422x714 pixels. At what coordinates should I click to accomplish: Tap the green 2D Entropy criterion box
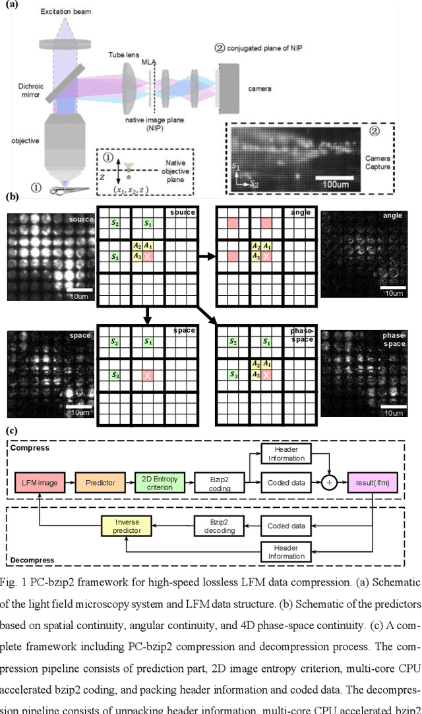(x=157, y=483)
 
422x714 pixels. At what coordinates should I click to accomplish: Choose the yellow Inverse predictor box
(x=131, y=525)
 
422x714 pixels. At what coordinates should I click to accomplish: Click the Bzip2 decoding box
(x=219, y=525)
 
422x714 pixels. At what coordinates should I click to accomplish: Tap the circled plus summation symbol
(x=329, y=483)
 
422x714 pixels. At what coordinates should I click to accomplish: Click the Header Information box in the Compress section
(x=287, y=454)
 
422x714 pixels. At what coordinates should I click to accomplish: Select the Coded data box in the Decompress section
(x=287, y=525)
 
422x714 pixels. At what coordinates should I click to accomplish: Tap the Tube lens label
(x=125, y=55)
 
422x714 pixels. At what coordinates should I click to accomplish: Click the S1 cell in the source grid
(x=148, y=224)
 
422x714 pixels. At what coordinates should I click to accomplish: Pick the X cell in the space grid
(x=148, y=374)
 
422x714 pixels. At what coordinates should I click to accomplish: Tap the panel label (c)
(x=11, y=431)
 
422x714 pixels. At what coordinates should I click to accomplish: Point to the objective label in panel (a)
(x=24, y=140)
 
